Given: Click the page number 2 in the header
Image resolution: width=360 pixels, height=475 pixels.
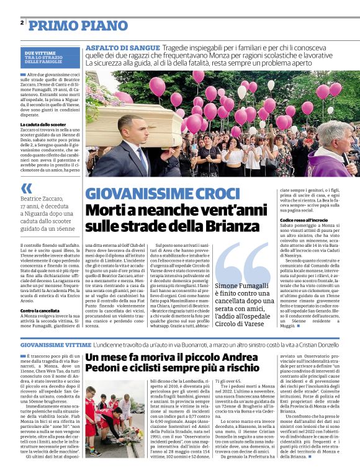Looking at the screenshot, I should pyautogui.click(x=22, y=22).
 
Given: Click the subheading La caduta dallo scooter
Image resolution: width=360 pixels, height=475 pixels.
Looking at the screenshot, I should pyautogui.click(x=43, y=124).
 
